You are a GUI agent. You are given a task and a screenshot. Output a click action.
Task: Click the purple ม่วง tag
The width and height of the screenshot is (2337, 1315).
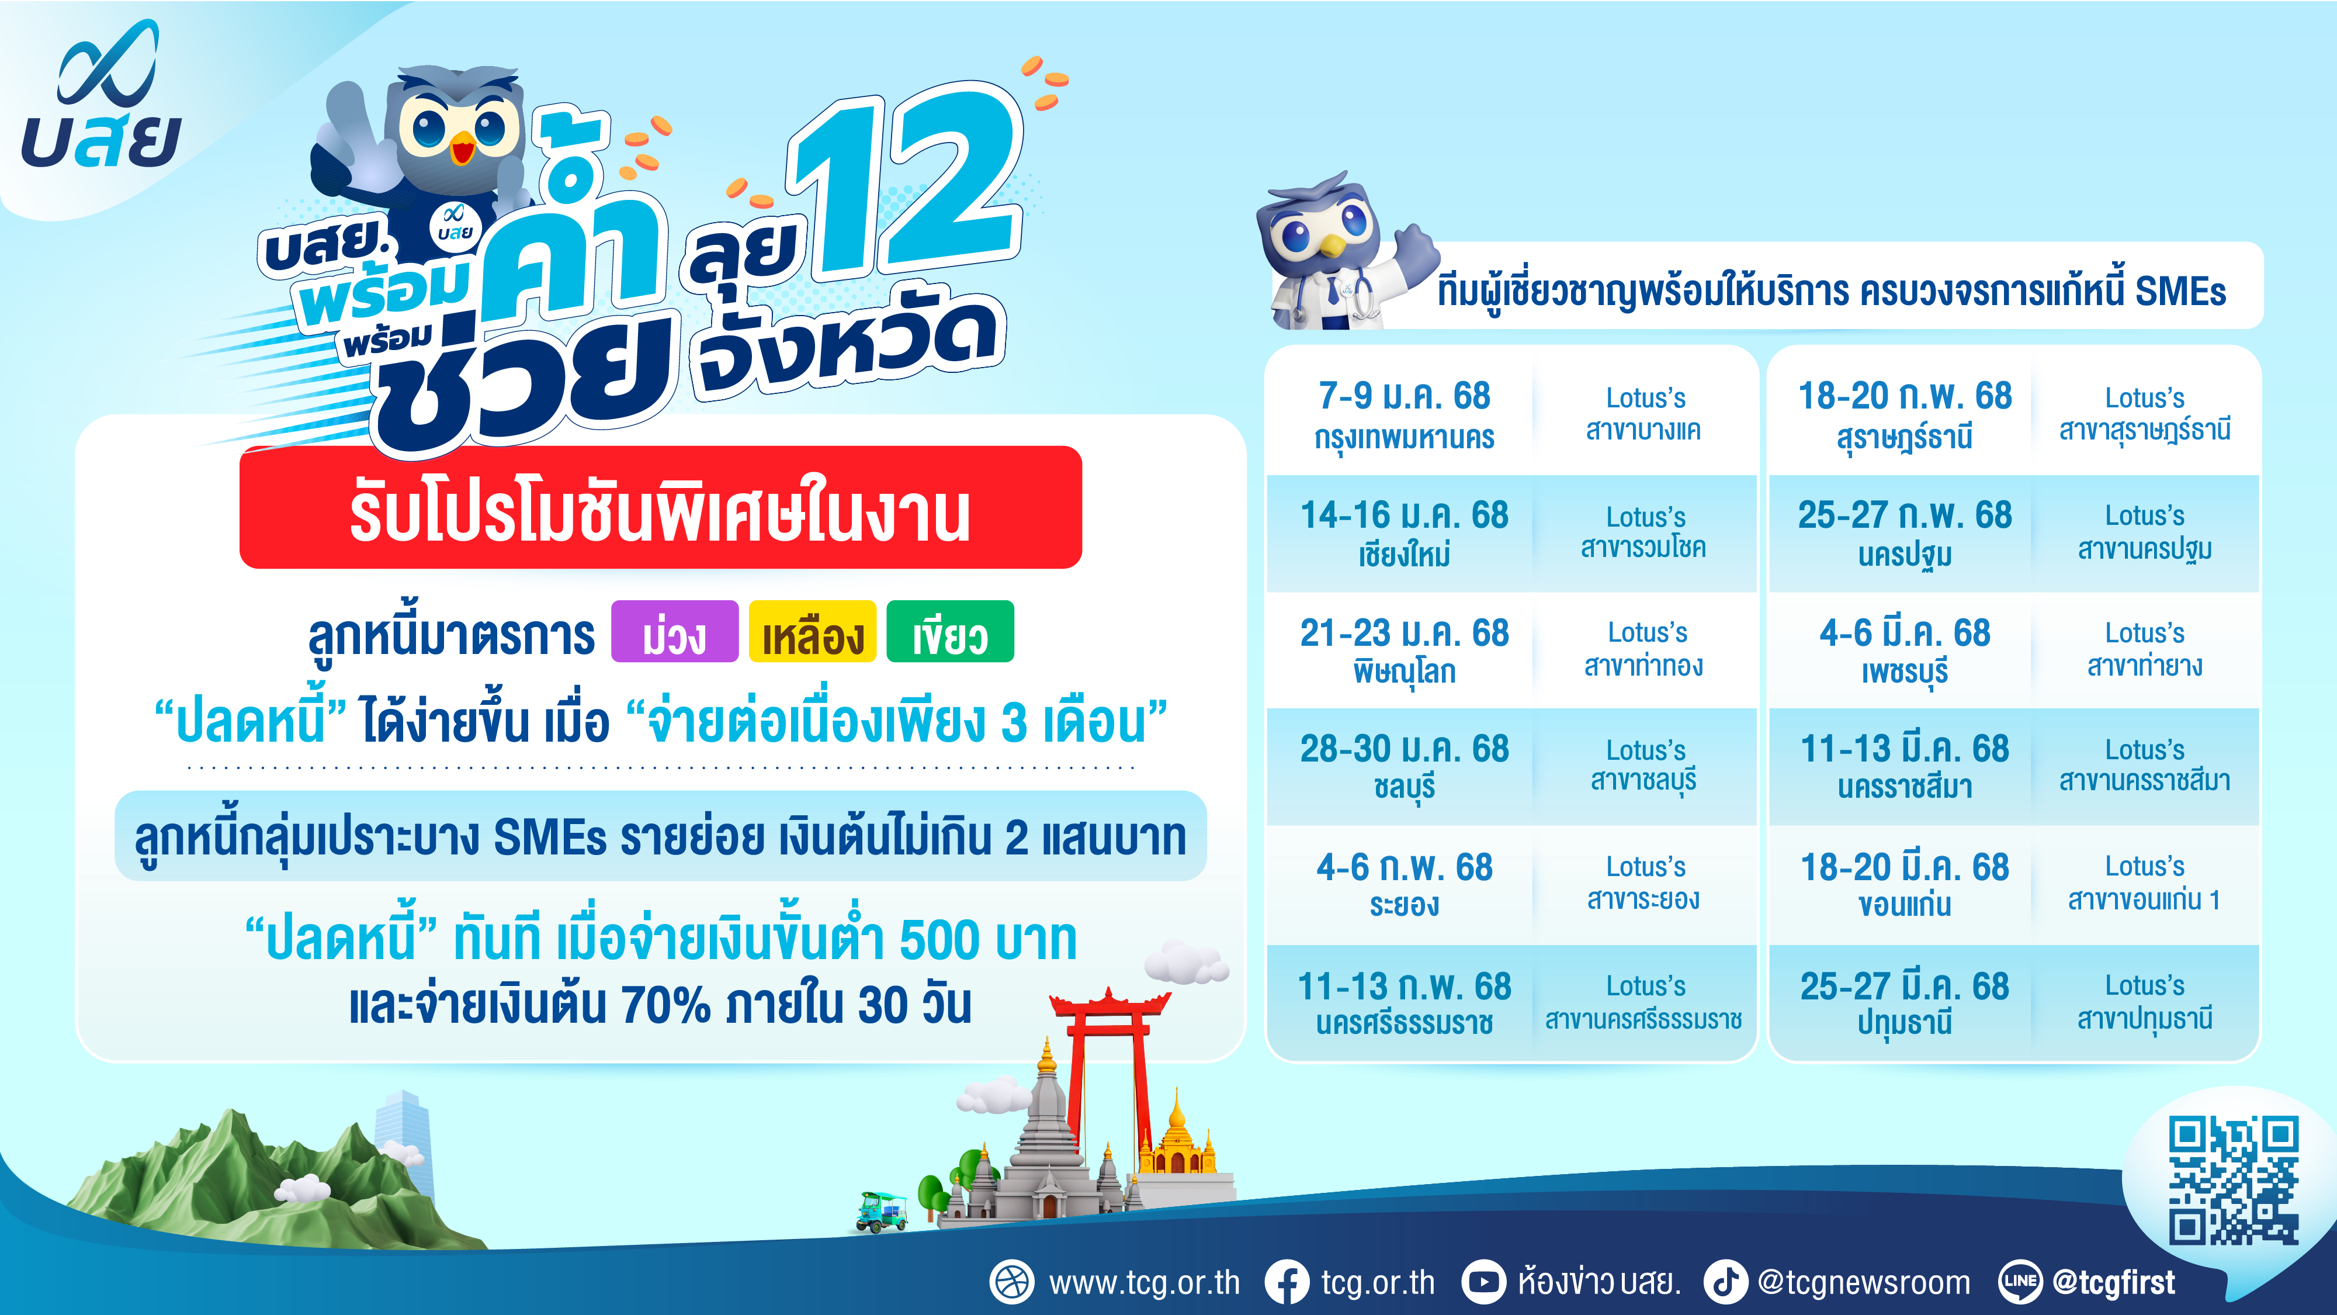[675, 632]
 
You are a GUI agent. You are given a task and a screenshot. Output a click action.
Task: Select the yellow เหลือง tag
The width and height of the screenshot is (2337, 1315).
[812, 632]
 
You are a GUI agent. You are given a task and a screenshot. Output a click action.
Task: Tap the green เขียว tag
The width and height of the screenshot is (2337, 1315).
[950, 632]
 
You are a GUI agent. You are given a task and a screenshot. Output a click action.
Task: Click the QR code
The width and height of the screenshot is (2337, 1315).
[2234, 1181]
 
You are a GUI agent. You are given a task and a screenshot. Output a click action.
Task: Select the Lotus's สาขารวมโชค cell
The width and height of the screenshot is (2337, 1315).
[1644, 532]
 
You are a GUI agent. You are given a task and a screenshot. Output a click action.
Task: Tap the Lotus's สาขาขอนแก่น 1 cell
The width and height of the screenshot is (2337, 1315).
[2145, 885]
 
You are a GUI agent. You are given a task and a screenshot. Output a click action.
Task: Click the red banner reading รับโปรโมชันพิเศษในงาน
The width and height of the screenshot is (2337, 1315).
[660, 508]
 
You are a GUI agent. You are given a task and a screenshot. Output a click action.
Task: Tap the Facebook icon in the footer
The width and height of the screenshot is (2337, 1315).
[1287, 1282]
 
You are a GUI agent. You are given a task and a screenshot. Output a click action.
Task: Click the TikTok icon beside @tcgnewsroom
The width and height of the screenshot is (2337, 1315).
[1725, 1282]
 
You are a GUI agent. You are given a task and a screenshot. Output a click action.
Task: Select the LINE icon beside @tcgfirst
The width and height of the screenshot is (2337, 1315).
[2020, 1282]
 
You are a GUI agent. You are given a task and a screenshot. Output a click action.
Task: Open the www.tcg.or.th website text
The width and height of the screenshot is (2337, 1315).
[1144, 1282]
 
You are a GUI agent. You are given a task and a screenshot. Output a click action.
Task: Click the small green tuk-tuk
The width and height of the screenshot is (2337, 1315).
[882, 1212]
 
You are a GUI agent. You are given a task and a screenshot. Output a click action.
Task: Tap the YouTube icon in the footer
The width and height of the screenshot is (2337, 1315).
[1484, 1282]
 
